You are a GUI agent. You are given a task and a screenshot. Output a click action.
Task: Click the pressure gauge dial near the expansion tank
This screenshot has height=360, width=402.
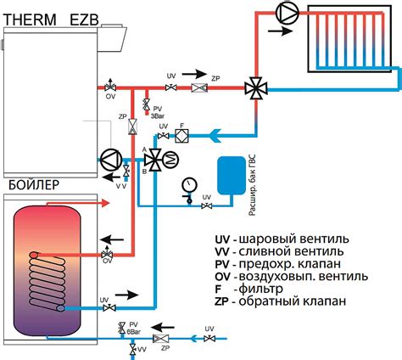[187, 184]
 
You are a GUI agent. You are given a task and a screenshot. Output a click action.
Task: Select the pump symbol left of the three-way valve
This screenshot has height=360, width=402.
[111, 159]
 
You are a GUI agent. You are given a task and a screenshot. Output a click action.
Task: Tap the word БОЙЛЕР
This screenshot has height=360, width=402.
[31, 186]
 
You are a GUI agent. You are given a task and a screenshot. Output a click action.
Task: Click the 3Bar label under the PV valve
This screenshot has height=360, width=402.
[157, 113]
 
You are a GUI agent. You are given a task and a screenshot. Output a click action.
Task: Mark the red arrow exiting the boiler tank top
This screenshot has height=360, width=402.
[93, 204]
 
